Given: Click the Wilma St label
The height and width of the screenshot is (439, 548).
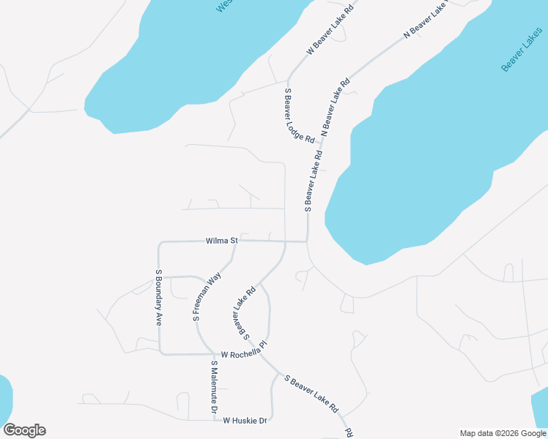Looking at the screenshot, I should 222,240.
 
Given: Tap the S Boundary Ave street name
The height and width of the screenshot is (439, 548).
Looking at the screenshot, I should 158,298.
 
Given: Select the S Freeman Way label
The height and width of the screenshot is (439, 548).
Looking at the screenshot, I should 207,298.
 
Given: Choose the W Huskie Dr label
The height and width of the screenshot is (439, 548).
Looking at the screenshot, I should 245,421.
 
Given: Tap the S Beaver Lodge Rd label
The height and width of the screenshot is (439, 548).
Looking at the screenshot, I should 299,115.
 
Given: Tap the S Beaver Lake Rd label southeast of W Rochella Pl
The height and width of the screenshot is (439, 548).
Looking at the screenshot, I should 311,394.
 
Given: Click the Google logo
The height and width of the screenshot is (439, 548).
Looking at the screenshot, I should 24,430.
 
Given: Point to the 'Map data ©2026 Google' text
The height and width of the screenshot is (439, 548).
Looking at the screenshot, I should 503,433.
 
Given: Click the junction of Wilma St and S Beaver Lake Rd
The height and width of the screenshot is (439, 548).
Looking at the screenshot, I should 307,241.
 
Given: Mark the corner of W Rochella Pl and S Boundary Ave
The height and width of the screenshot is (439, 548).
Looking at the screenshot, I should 161,354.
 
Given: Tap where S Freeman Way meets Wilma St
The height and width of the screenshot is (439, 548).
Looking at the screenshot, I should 235,241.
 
